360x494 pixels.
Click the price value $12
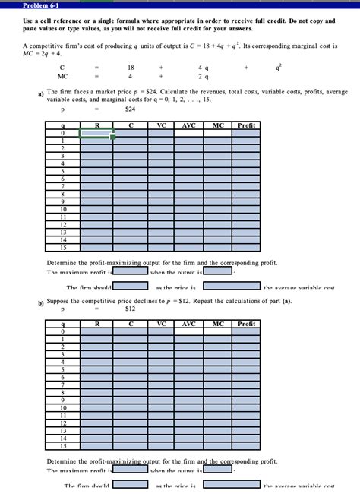130,309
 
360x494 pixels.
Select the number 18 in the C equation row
131,68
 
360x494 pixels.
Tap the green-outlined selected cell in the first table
96,133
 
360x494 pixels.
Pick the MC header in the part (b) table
218,324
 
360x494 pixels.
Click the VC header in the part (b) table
160,324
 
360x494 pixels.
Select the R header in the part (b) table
96,324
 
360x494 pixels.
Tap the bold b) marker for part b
41,302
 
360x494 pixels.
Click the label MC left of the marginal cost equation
62,76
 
